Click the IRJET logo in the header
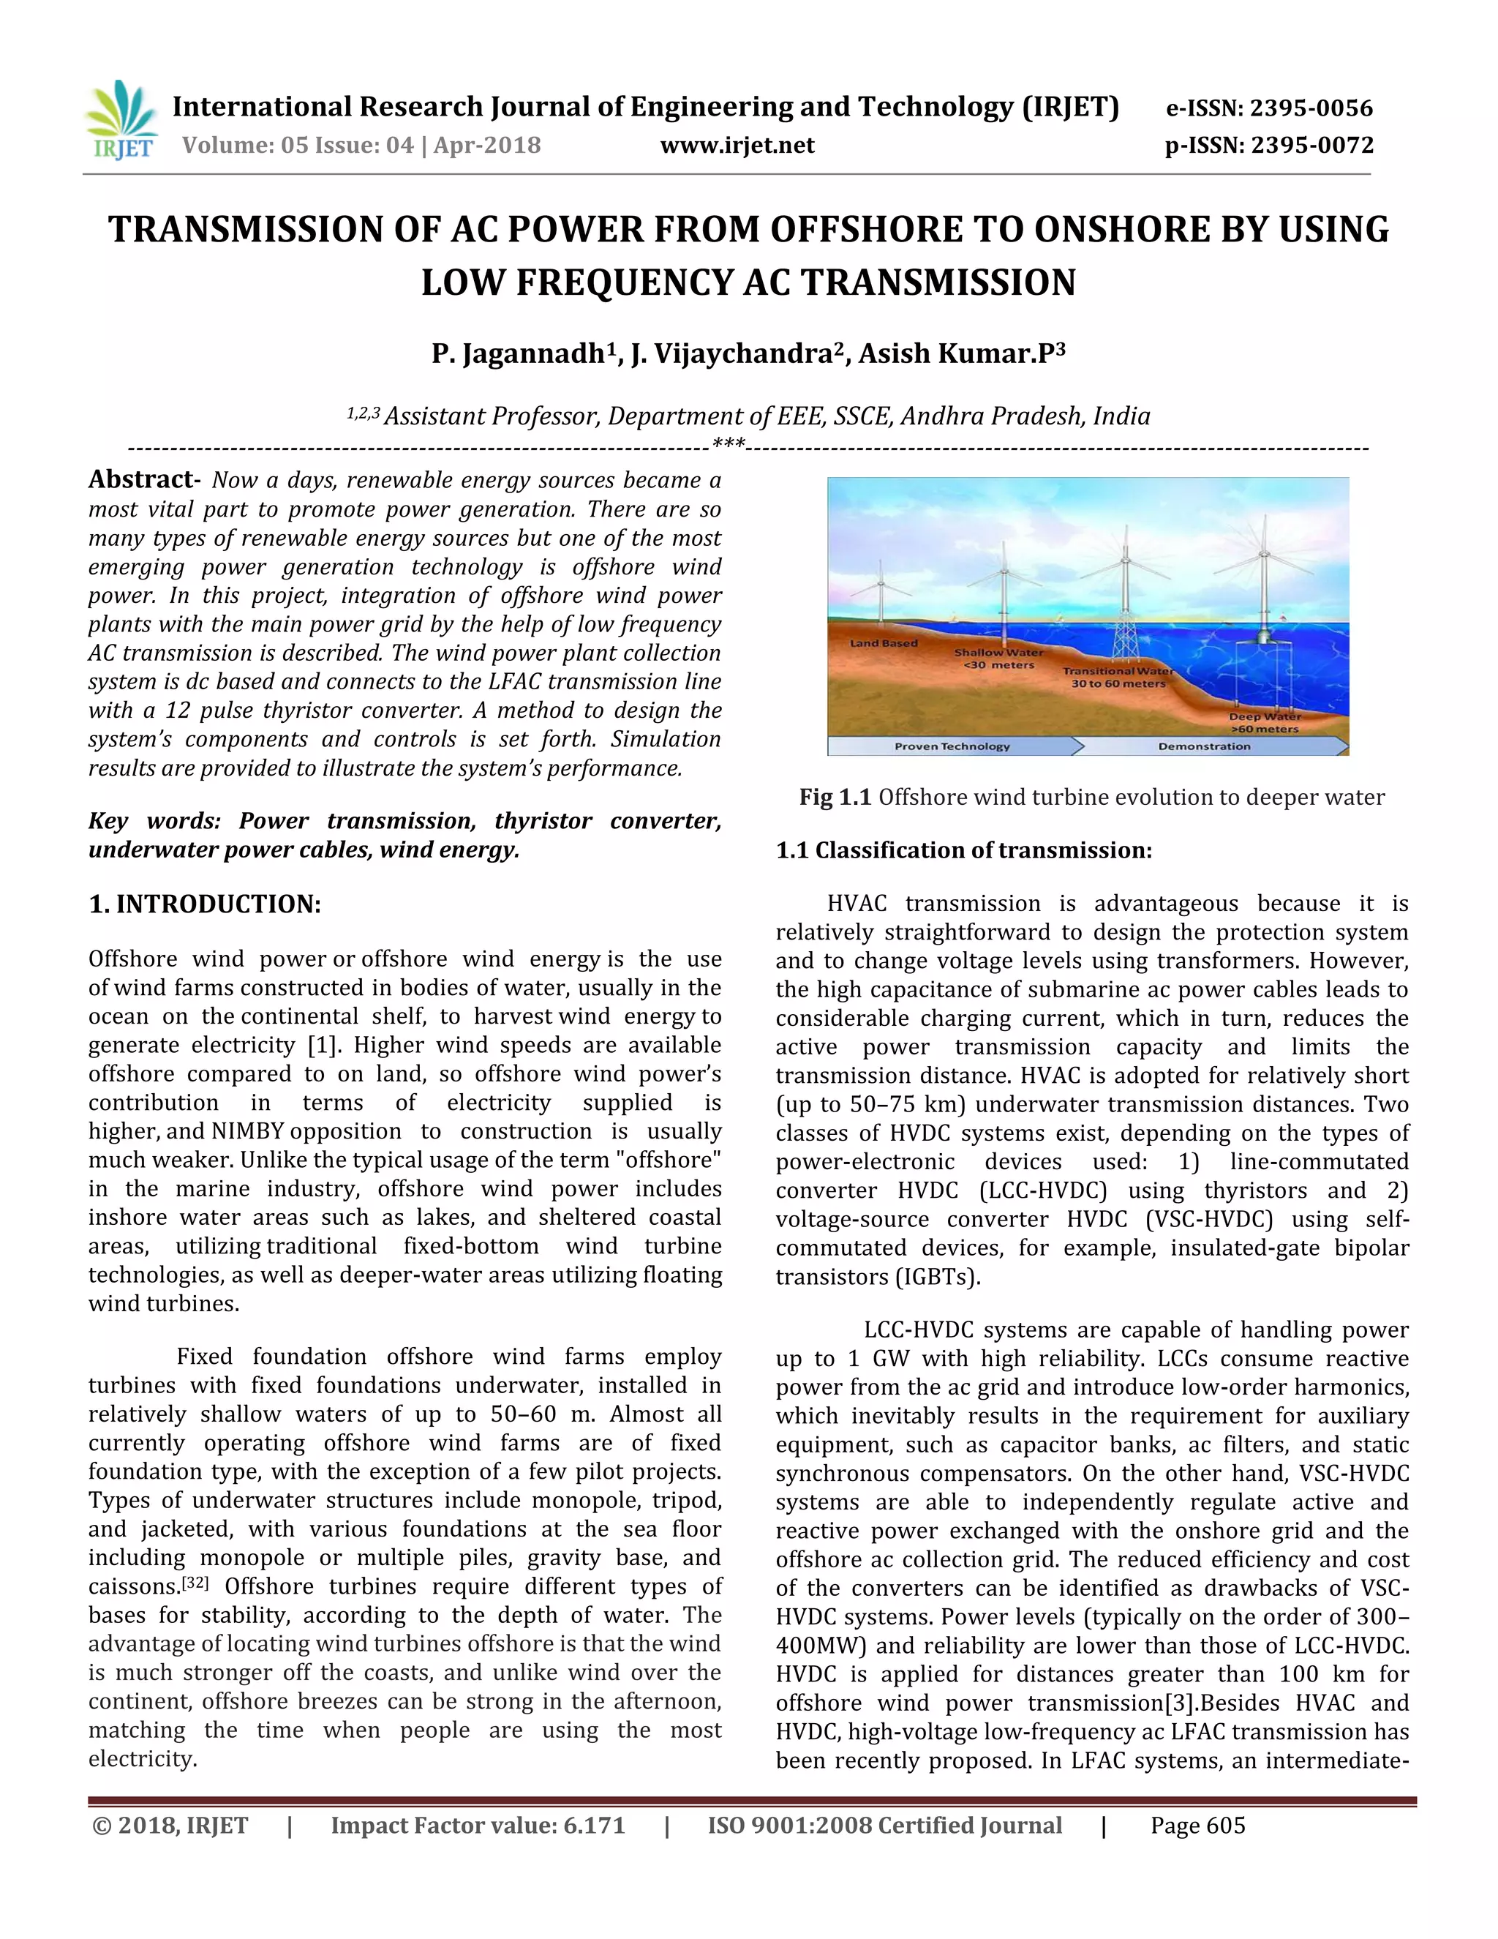pos(121,120)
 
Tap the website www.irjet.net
pos(737,146)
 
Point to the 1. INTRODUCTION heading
pos(204,904)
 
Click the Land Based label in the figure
pos(883,642)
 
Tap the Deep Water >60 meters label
pos(1264,721)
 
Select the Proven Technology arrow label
pos(952,746)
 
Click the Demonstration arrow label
pos(1203,746)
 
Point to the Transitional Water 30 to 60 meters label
pos(1118,677)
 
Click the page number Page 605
pos(1197,1826)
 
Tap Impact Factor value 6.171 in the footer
pos(478,1826)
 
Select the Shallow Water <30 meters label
pos(998,658)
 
